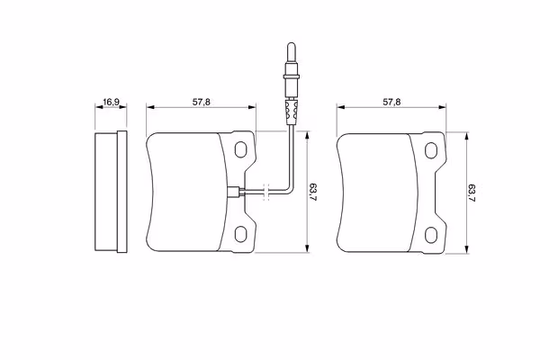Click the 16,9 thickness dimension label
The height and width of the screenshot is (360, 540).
pos(111,102)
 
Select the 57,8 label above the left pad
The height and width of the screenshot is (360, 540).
pos(201,102)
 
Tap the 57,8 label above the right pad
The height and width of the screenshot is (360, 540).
pos(391,102)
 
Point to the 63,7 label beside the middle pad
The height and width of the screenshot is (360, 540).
pos(312,193)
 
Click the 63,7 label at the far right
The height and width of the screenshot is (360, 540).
pos(472,193)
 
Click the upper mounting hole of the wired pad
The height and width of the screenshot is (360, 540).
pos(240,149)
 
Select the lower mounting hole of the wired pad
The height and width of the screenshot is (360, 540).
pos(240,234)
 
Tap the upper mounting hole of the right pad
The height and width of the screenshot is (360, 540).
pos(431,150)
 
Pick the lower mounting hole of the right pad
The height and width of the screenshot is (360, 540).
pos(431,235)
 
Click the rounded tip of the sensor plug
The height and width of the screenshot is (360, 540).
pos(292,46)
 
